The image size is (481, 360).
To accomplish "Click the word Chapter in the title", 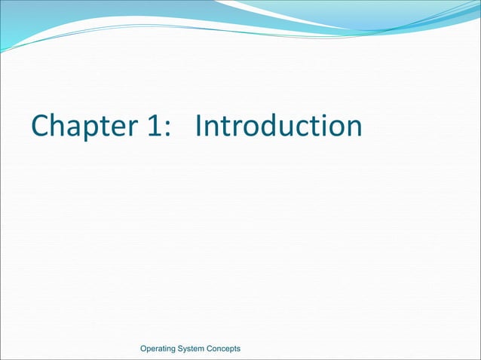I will tap(81, 127).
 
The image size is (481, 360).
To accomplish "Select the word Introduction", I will tap(277, 126).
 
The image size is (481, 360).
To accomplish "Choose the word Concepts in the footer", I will tap(229, 348).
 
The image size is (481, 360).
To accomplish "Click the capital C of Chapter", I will tap(40, 127).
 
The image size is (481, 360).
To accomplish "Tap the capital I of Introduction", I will tap(198, 126).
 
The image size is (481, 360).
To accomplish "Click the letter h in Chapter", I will tap(57, 126).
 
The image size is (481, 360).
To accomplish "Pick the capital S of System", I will tap(188, 348).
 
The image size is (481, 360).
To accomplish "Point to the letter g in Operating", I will tap(179, 349).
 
